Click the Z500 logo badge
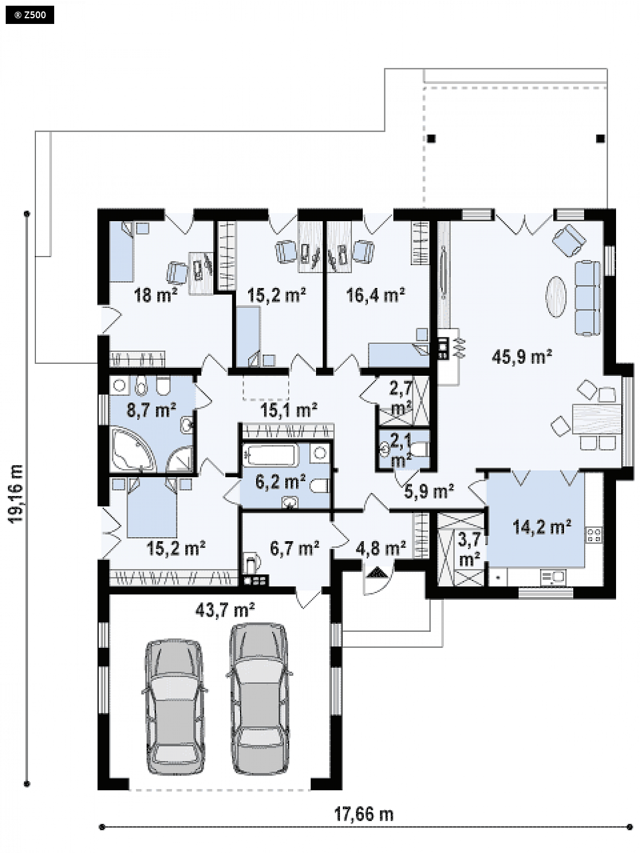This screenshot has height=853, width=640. (30, 15)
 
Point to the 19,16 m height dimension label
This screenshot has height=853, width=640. (17, 494)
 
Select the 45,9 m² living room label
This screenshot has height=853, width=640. (522, 357)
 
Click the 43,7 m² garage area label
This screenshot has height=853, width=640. (225, 610)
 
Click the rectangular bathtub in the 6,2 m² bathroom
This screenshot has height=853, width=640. (271, 455)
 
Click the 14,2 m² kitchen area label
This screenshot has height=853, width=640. (542, 527)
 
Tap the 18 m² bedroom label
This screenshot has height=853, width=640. (155, 295)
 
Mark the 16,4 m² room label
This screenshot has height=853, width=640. (375, 295)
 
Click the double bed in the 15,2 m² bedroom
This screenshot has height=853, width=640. (152, 507)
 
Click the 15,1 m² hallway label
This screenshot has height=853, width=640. (288, 410)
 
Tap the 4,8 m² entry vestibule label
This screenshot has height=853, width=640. (381, 549)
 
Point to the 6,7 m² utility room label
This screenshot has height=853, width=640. (294, 549)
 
